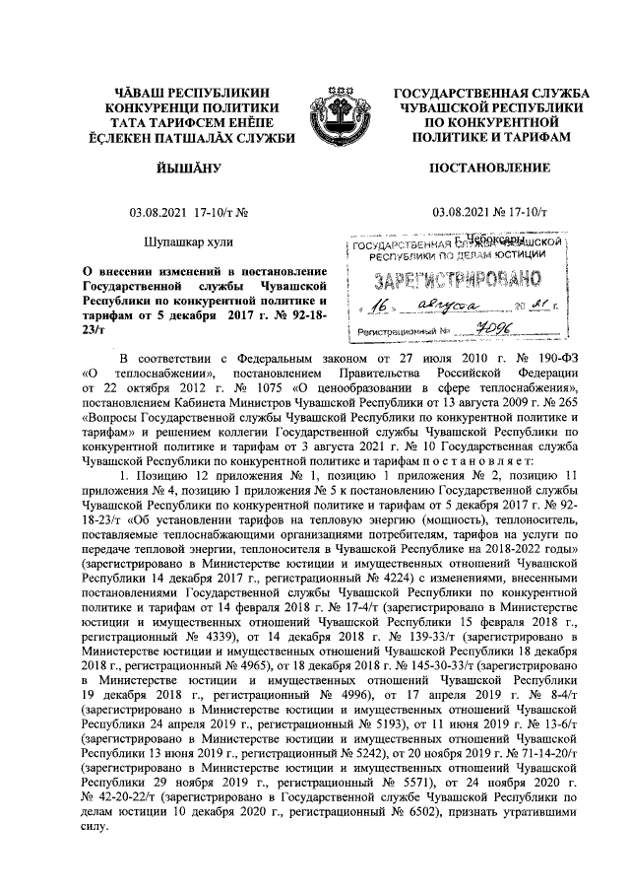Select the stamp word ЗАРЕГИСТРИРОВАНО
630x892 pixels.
(x=456, y=277)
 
